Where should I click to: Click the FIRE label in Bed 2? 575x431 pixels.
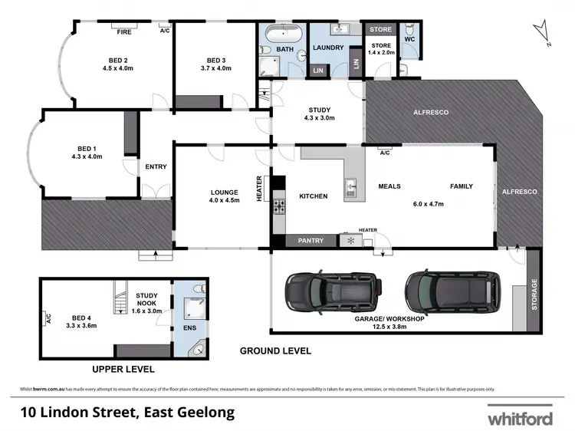tap(123, 31)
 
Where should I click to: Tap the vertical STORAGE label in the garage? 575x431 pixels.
tap(534, 292)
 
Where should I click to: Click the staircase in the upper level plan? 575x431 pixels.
tap(120, 298)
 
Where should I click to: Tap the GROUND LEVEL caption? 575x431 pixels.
tap(275, 351)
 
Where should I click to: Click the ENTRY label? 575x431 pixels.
tap(156, 166)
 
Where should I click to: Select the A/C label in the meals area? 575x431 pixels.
tap(385, 153)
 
